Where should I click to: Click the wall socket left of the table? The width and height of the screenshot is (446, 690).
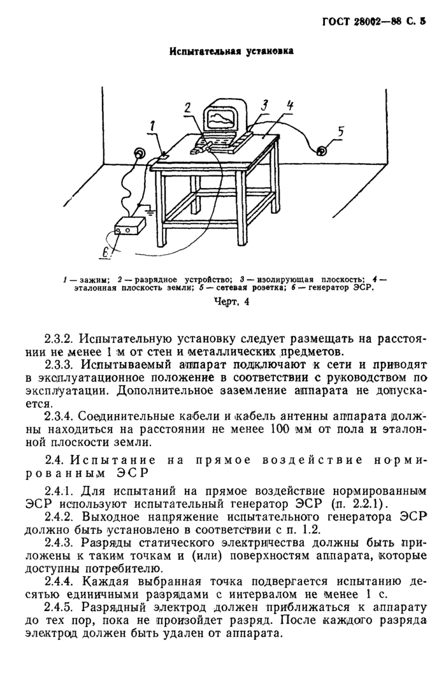(138, 153)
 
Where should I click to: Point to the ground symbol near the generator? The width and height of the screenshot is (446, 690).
(148, 207)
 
